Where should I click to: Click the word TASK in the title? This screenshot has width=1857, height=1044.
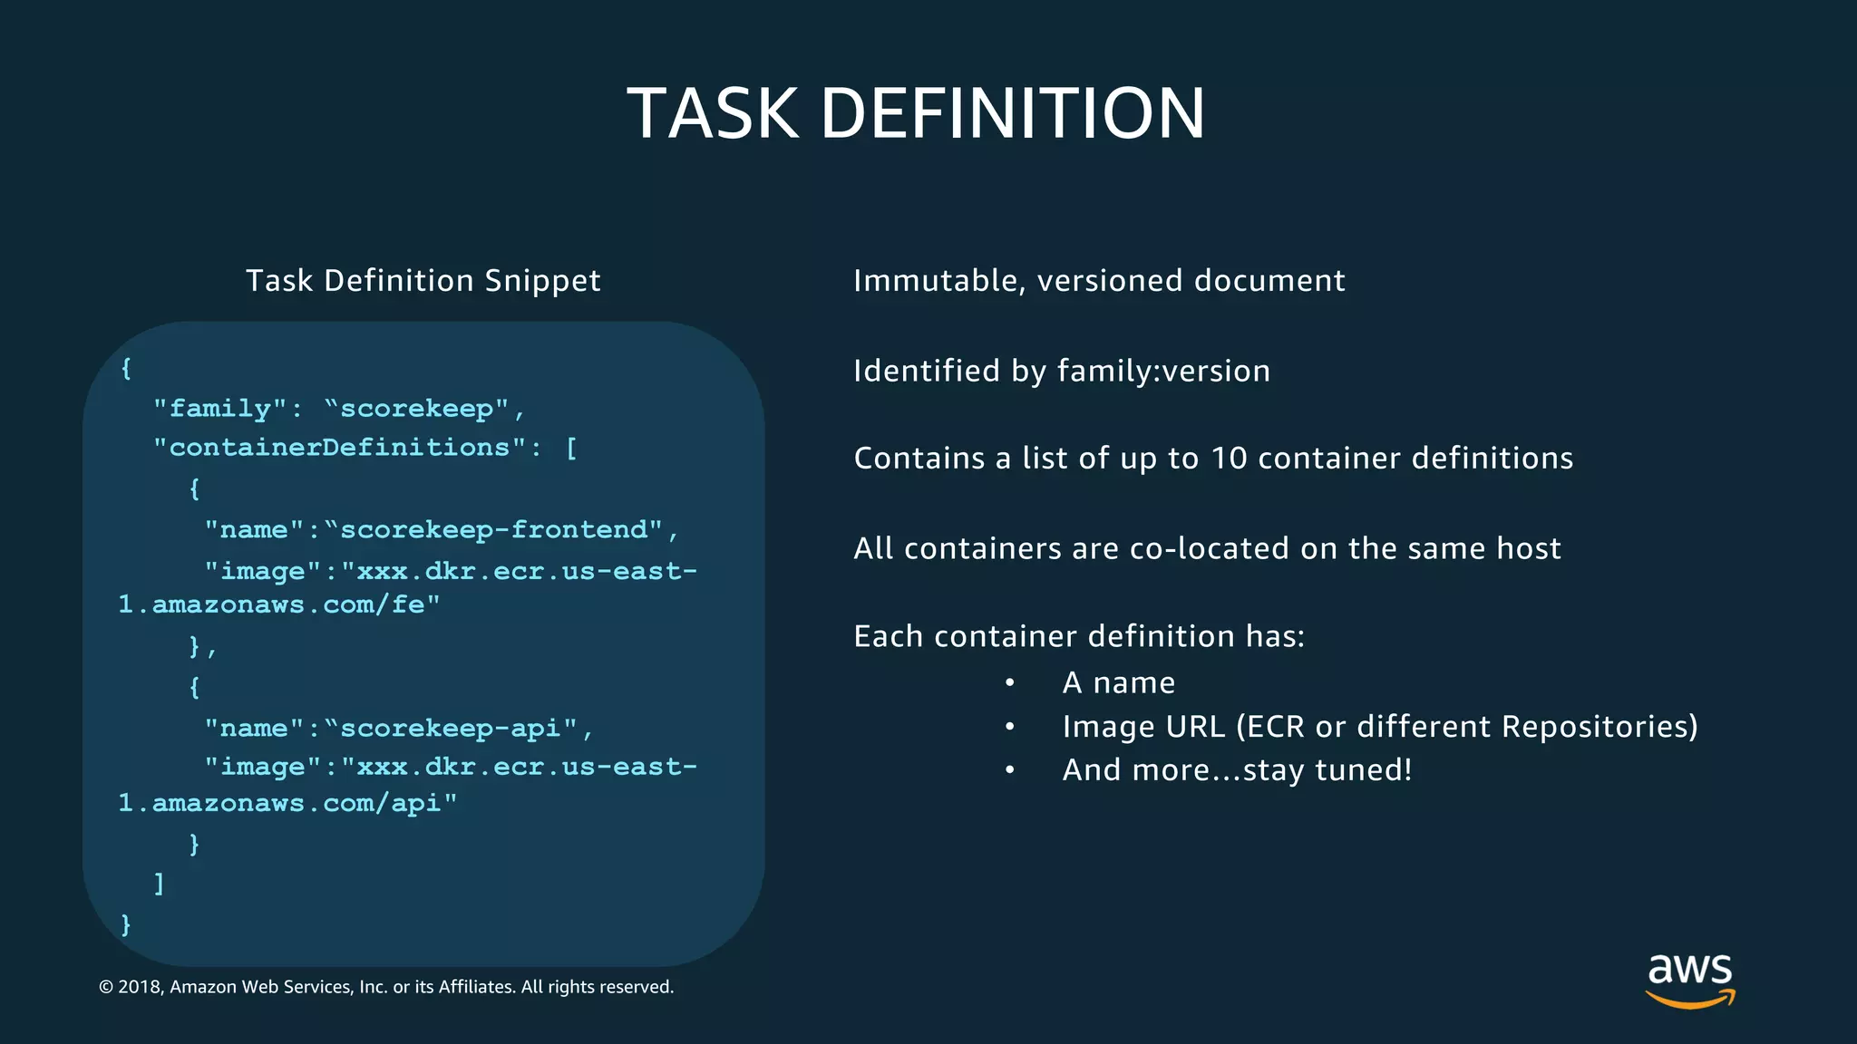(x=713, y=114)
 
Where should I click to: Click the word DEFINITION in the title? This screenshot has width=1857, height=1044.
(x=1012, y=114)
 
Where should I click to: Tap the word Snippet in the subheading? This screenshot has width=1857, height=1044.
(x=542, y=282)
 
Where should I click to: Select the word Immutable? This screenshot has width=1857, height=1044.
(x=935, y=281)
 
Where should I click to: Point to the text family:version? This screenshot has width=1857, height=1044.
(x=1163, y=372)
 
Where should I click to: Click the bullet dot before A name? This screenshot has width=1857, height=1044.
(x=1009, y=683)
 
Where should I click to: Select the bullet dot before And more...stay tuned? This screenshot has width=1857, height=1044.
(x=1009, y=770)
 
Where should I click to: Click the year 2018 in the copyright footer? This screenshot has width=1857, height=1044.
(x=139, y=987)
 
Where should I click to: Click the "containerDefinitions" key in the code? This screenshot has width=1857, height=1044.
(x=340, y=448)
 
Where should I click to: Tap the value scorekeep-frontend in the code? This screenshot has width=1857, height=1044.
(x=494, y=530)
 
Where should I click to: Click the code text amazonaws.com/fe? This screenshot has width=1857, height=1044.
(x=295, y=605)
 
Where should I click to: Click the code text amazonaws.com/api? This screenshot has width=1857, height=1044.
(x=304, y=804)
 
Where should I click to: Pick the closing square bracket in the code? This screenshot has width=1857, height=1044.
(x=160, y=883)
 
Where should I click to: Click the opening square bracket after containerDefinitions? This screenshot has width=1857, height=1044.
(x=571, y=448)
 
